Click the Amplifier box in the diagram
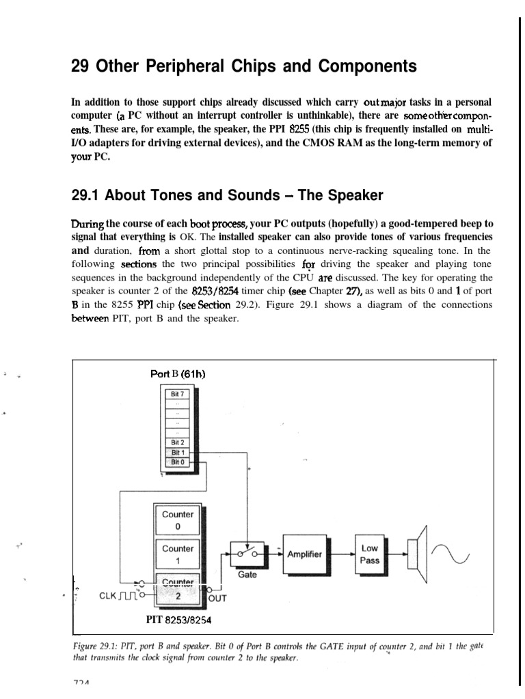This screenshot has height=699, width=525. [x=305, y=554]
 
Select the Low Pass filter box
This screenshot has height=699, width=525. [x=369, y=554]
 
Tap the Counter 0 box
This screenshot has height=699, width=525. [x=178, y=520]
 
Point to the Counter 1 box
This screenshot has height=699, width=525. [x=178, y=554]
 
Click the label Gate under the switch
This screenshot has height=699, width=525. [x=247, y=575]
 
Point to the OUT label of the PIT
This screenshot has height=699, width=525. [x=217, y=599]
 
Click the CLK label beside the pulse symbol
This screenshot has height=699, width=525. [x=107, y=595]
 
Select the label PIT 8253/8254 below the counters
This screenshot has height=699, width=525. [x=180, y=620]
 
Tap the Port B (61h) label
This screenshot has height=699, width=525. [x=178, y=373]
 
